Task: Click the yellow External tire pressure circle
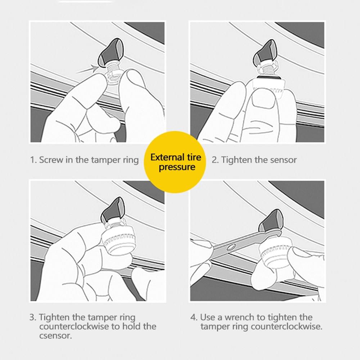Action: click(x=175, y=162)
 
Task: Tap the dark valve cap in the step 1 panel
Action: click(x=111, y=53)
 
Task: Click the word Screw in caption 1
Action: click(x=51, y=160)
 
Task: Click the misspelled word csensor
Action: click(x=55, y=336)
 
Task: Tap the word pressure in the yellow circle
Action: click(x=177, y=167)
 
